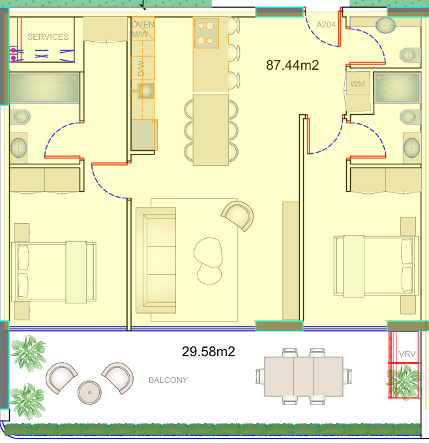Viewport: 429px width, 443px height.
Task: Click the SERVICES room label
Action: point(48,37)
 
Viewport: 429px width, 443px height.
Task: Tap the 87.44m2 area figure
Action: point(292,65)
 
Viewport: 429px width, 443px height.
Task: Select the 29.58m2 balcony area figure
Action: point(208,352)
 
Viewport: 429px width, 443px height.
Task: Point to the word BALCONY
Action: point(168,380)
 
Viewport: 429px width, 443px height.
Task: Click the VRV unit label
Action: point(407,354)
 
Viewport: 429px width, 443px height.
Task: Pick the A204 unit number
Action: point(326,25)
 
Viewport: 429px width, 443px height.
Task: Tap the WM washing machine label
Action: point(357,84)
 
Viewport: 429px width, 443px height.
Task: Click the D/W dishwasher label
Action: point(141,69)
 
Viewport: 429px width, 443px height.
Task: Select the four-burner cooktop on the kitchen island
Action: point(206,33)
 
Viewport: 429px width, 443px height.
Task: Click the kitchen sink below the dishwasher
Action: point(145,91)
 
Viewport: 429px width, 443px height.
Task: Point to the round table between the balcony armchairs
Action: point(89,392)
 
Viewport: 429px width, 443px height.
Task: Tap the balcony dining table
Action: point(304,376)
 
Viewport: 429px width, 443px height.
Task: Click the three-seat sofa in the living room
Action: point(156,260)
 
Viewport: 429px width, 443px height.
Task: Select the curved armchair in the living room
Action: point(237,215)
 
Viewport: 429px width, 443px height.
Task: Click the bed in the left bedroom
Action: point(53,272)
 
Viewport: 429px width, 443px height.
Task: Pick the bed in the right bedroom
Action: point(376,266)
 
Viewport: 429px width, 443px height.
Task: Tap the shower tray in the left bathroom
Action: point(44,88)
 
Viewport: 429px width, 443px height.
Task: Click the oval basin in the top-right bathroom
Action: point(385,25)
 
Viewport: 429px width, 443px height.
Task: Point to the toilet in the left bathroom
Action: point(20,117)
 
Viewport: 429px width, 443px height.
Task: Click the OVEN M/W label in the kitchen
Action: point(143,29)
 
